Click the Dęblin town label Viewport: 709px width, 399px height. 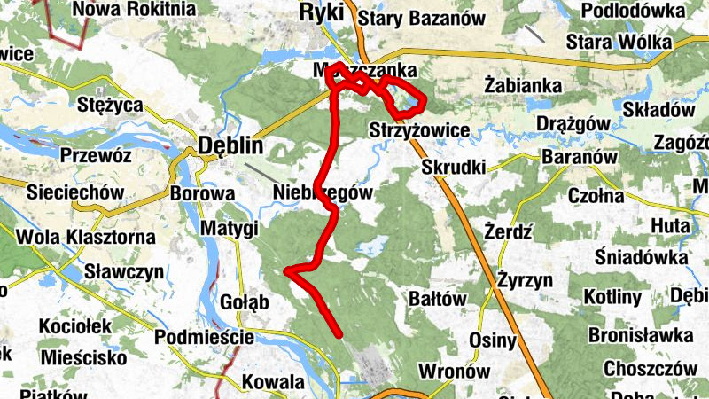point(230,145)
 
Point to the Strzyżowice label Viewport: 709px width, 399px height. point(418,130)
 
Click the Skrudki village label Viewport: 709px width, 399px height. point(453,167)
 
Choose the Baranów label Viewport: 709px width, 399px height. point(579,157)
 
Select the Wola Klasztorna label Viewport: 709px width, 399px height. point(90,238)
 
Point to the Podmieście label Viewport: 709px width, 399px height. point(205,338)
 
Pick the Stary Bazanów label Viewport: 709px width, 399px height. point(422,18)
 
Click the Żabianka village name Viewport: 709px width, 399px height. point(525,85)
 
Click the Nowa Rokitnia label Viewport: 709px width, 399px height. point(135,9)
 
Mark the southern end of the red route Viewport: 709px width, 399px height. point(340,334)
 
